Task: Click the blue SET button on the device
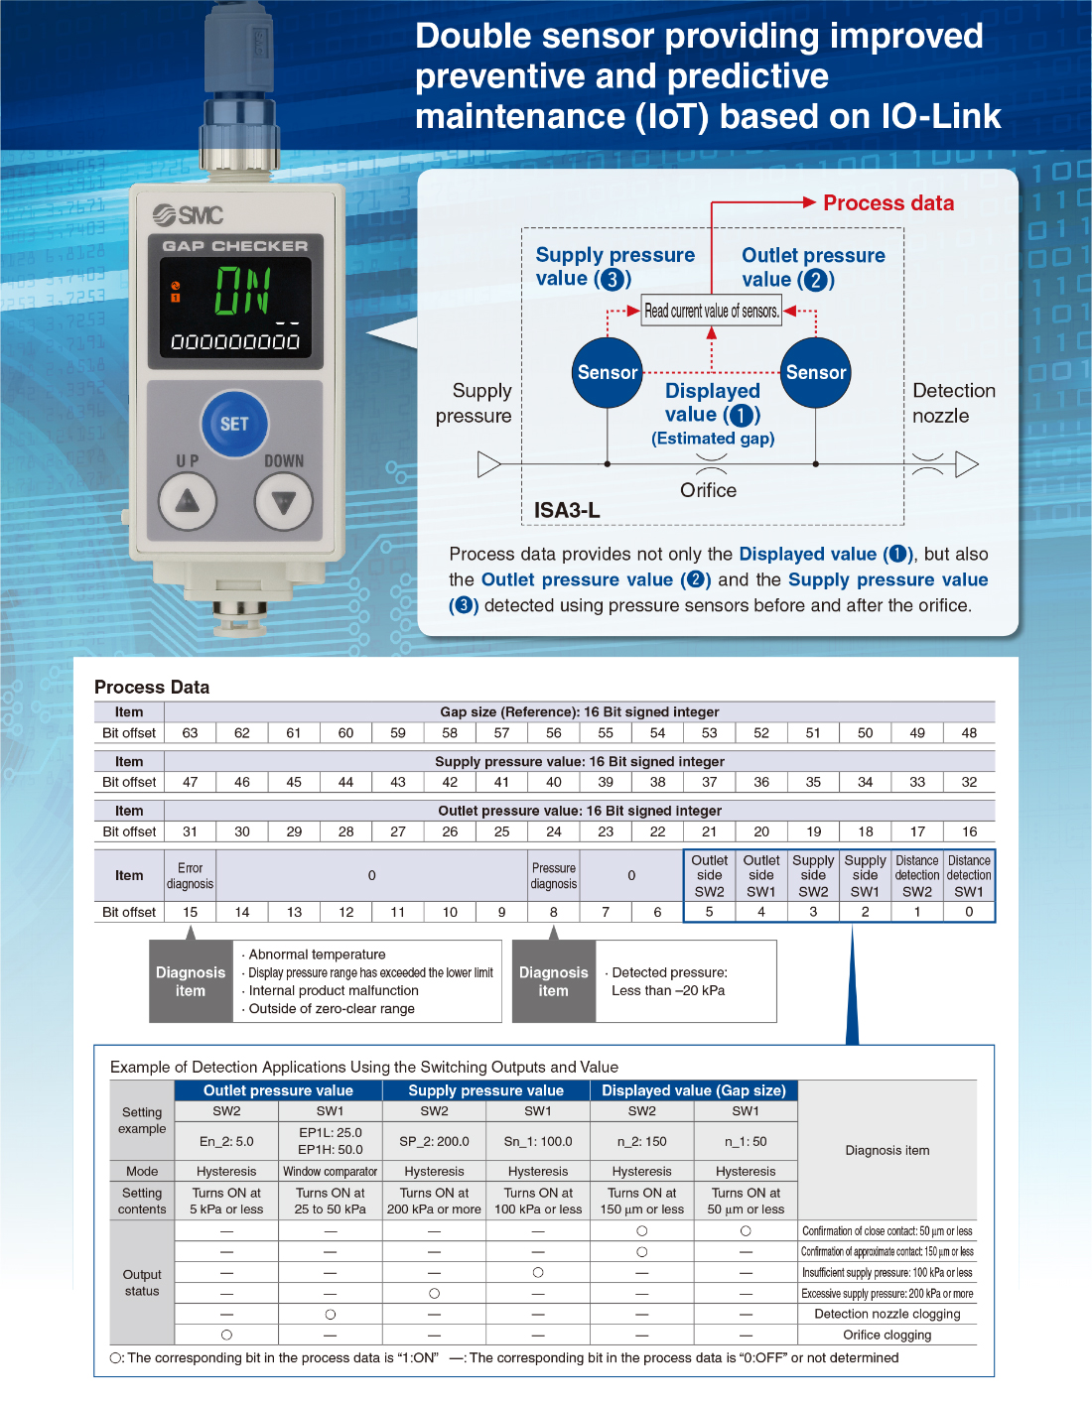click(234, 424)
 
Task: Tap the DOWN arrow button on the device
click(284, 502)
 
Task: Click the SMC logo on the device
click(189, 214)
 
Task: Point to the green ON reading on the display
click(242, 291)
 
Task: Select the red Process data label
click(888, 203)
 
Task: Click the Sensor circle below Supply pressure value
click(608, 373)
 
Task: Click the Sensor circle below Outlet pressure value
click(816, 373)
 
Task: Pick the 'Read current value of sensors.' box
click(712, 311)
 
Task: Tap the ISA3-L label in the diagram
click(567, 510)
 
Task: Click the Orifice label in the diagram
click(709, 490)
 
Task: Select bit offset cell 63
click(190, 733)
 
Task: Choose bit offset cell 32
click(969, 782)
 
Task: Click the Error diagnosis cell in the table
click(190, 876)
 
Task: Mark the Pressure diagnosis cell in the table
click(553, 876)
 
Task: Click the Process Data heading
click(152, 687)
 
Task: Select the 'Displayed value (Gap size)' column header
click(694, 1090)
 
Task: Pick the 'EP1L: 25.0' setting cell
click(331, 1141)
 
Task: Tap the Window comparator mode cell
click(331, 1172)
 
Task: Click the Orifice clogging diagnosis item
click(887, 1335)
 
